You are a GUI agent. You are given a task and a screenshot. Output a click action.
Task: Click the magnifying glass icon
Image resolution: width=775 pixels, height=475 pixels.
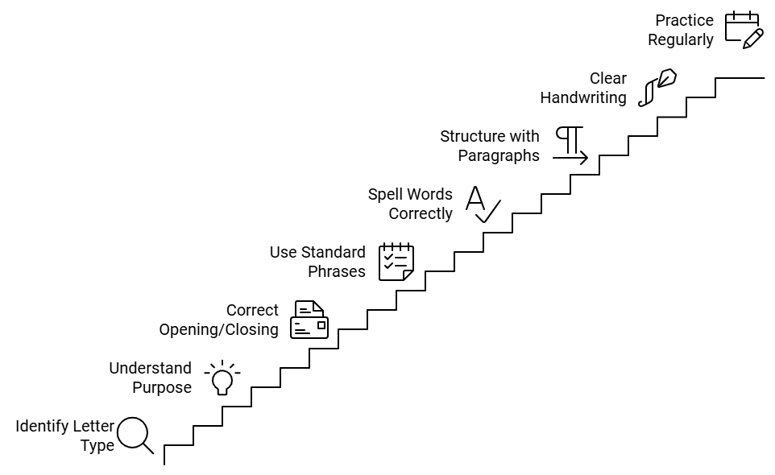click(135, 435)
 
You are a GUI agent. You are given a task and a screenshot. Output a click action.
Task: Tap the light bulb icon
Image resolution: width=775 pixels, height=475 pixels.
click(222, 378)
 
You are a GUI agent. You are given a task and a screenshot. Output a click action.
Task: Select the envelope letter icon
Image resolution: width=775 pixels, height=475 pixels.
click(309, 320)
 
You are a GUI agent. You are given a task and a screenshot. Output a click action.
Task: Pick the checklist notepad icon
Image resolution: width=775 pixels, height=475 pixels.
click(396, 262)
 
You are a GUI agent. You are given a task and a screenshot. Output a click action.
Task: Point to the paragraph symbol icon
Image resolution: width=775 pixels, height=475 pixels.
click(571, 146)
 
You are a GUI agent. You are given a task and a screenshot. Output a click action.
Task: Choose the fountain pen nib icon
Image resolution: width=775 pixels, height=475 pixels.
click(657, 88)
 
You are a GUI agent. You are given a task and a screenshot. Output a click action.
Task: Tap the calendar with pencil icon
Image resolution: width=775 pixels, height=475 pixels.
click(744, 30)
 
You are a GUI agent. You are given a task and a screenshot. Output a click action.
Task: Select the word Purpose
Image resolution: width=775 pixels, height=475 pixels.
click(162, 388)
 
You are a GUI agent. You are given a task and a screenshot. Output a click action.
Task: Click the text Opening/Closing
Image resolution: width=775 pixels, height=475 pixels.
click(218, 329)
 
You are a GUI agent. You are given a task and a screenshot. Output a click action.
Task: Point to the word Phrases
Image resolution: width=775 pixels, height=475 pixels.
click(336, 271)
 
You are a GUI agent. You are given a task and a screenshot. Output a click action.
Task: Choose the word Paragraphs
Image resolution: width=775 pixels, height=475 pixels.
click(499, 155)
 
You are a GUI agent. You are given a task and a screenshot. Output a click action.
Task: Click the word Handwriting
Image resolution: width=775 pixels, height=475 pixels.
click(582, 97)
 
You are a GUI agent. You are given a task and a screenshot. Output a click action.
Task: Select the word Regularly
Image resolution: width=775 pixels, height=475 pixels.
click(680, 39)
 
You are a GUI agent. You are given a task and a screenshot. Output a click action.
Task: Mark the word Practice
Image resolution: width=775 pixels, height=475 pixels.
click(684, 20)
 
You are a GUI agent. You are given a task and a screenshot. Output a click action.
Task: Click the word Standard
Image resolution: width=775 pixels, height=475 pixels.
click(334, 252)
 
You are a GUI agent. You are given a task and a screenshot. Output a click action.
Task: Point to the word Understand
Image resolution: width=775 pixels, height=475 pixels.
click(150, 369)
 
